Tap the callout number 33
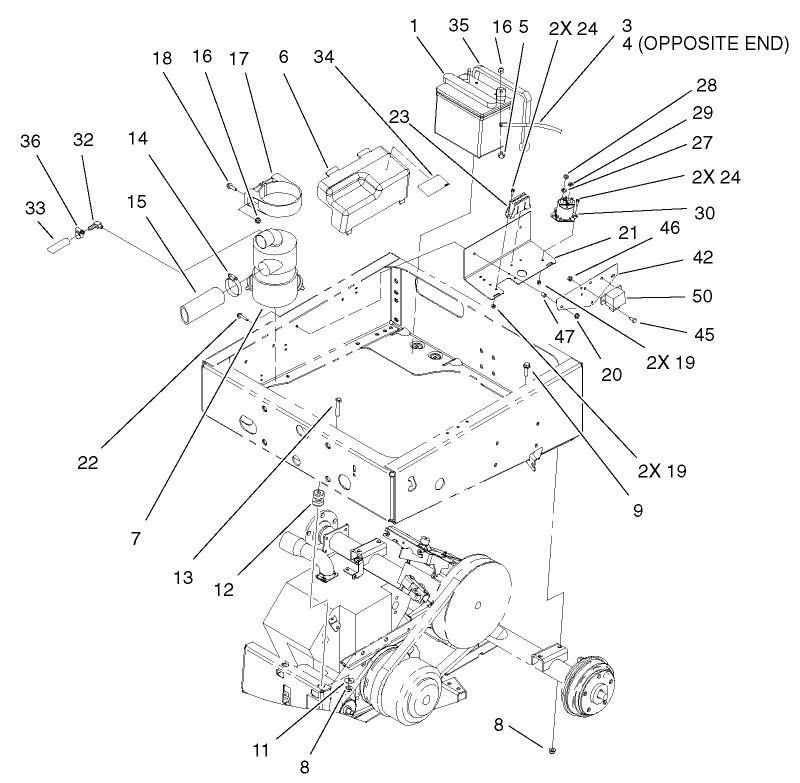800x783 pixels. click(x=35, y=207)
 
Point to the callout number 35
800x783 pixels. click(x=458, y=27)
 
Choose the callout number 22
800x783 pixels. click(x=90, y=463)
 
